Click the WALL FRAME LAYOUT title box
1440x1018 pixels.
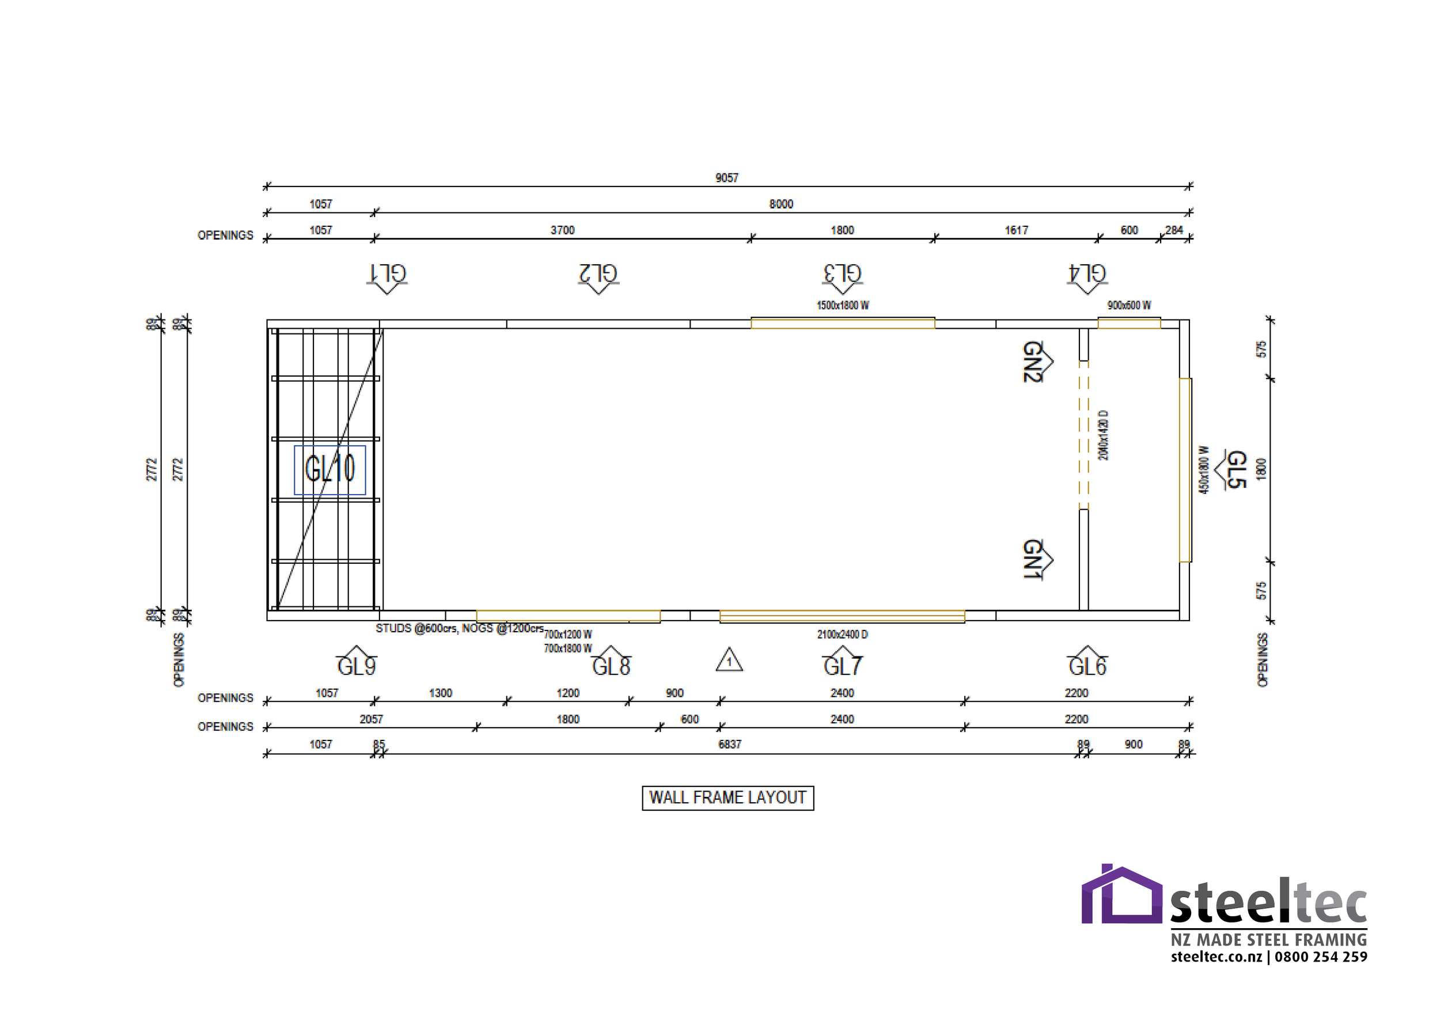pos(727,797)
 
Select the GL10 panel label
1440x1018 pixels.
pos(330,469)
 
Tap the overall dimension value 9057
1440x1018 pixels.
pos(726,178)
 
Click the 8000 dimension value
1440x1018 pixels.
pos(781,204)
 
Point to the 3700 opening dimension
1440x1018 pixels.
pos(562,231)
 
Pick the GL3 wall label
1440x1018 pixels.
pos(842,274)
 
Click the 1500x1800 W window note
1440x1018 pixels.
pos(842,306)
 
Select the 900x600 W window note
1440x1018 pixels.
pos(1128,306)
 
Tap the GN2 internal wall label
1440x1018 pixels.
pos(1032,362)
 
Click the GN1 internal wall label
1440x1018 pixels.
pos(1032,559)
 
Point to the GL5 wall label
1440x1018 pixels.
pos(1235,469)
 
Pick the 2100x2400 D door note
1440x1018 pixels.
pos(842,635)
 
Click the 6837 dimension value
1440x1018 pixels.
pos(729,744)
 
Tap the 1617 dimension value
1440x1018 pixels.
pos(1016,231)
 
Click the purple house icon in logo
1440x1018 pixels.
pos(1121,896)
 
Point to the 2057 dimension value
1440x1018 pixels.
pos(371,720)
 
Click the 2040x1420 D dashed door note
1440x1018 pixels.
pos(1103,436)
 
